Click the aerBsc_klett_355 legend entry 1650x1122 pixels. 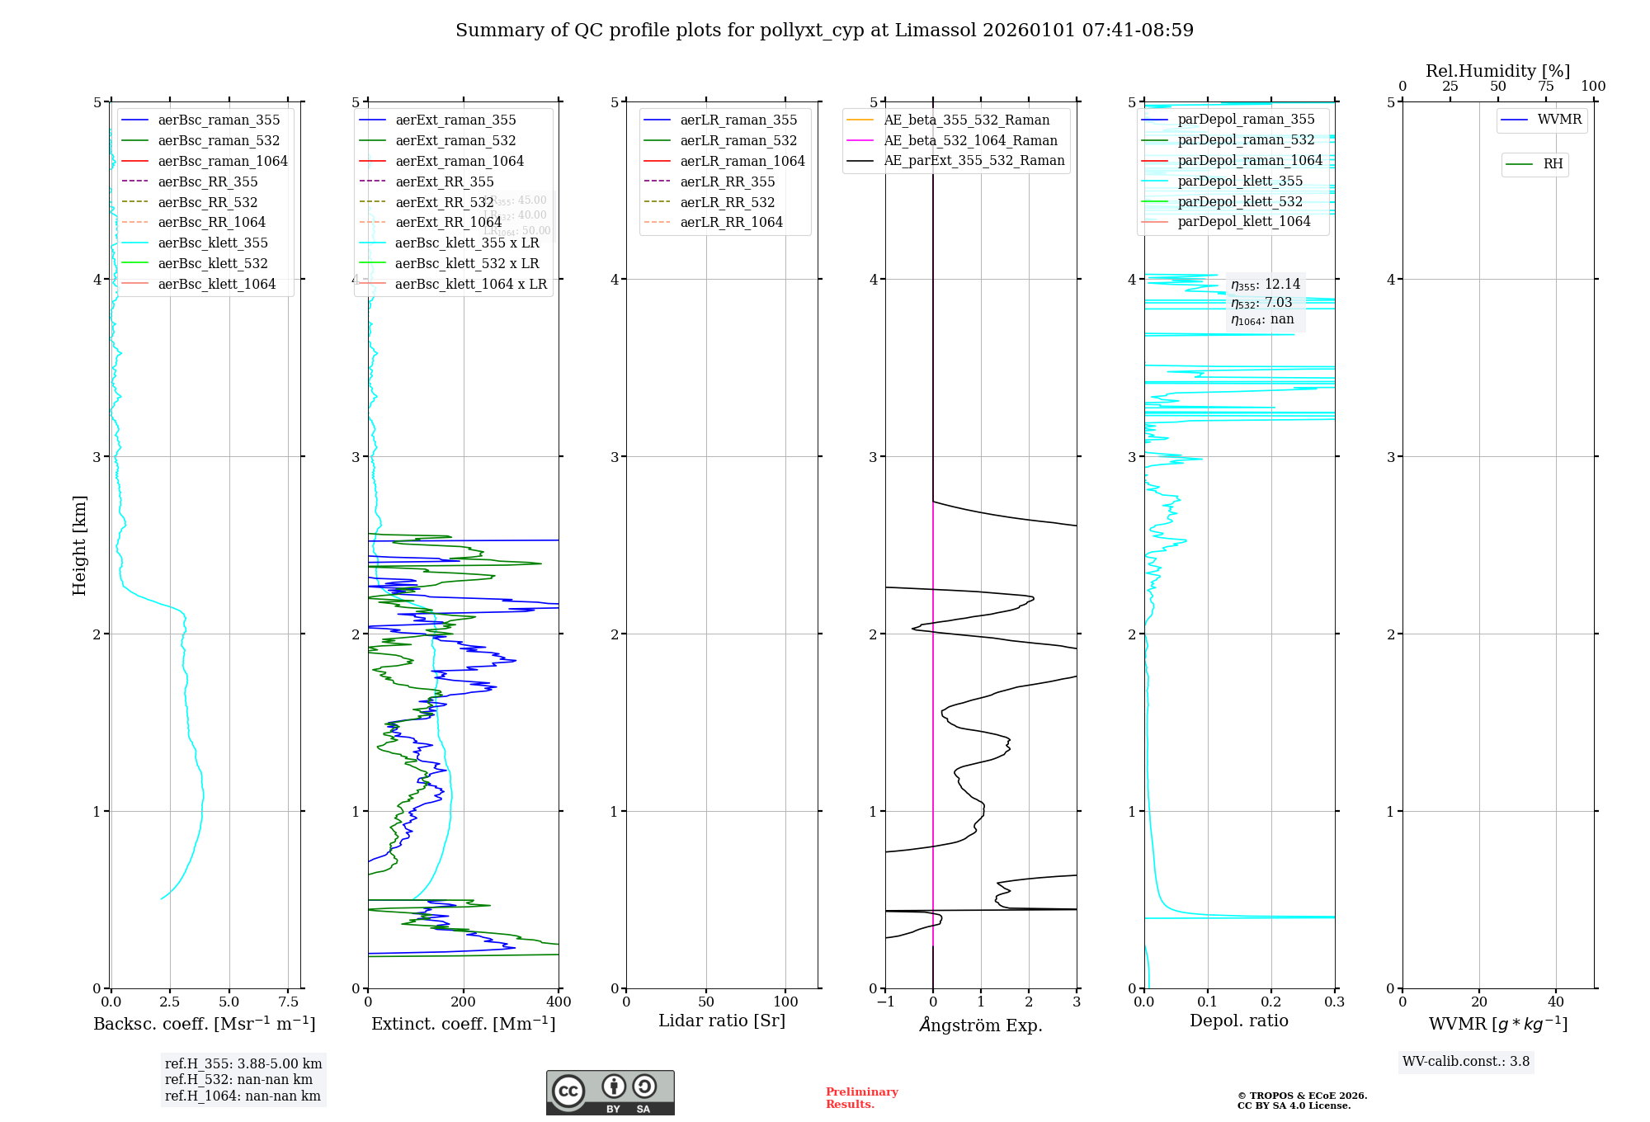point(212,243)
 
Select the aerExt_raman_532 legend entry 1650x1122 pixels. point(455,141)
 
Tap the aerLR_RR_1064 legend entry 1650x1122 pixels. point(731,223)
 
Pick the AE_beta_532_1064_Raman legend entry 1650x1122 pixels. point(970,141)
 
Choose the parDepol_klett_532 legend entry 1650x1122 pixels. point(1239,202)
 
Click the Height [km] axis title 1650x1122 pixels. point(79,545)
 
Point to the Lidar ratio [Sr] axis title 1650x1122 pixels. point(722,1021)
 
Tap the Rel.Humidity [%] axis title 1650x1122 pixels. point(1497,71)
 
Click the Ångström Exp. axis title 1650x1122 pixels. point(981,1025)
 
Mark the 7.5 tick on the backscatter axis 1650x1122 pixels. point(288,1002)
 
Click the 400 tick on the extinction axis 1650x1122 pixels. point(559,1002)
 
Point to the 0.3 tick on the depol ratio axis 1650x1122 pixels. point(1334,1002)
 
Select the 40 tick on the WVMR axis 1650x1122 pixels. point(1556,1002)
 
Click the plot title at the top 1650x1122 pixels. point(824,31)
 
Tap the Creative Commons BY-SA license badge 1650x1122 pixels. point(610,1093)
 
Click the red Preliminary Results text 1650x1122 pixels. point(861,1098)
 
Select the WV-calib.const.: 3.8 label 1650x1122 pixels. point(1465,1062)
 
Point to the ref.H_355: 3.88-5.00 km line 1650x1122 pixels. point(243,1064)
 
